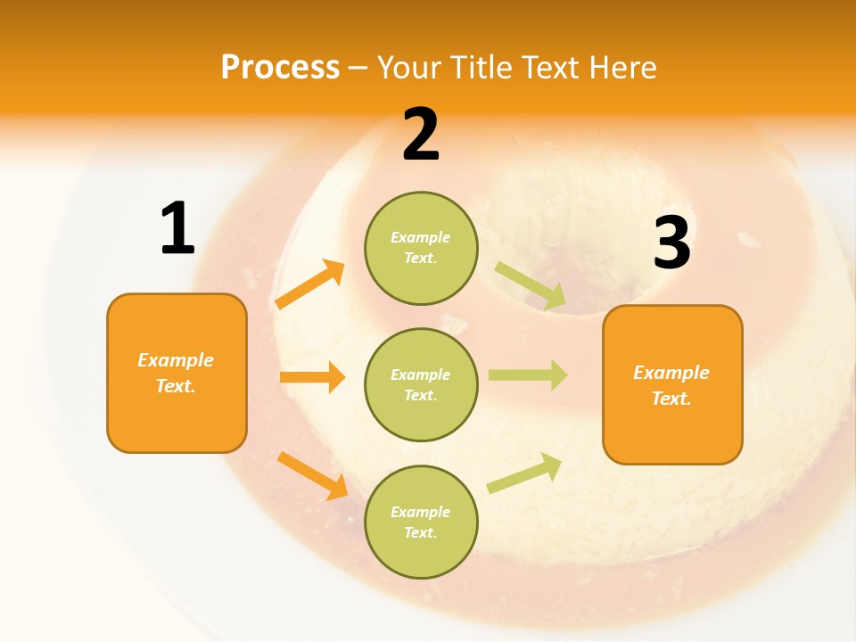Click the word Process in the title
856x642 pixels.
(x=280, y=68)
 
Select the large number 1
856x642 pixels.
(x=177, y=229)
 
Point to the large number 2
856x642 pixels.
(x=421, y=135)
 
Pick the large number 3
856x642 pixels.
(x=671, y=243)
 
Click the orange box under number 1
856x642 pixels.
(x=177, y=373)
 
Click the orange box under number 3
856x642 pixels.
(x=672, y=384)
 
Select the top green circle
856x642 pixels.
(x=421, y=248)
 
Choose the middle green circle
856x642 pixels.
(x=421, y=384)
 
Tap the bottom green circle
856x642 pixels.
(x=421, y=522)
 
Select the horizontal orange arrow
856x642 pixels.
(x=312, y=377)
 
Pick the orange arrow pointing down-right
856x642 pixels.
(x=312, y=475)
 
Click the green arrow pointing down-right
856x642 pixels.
(x=531, y=286)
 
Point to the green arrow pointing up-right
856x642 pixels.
(x=524, y=473)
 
